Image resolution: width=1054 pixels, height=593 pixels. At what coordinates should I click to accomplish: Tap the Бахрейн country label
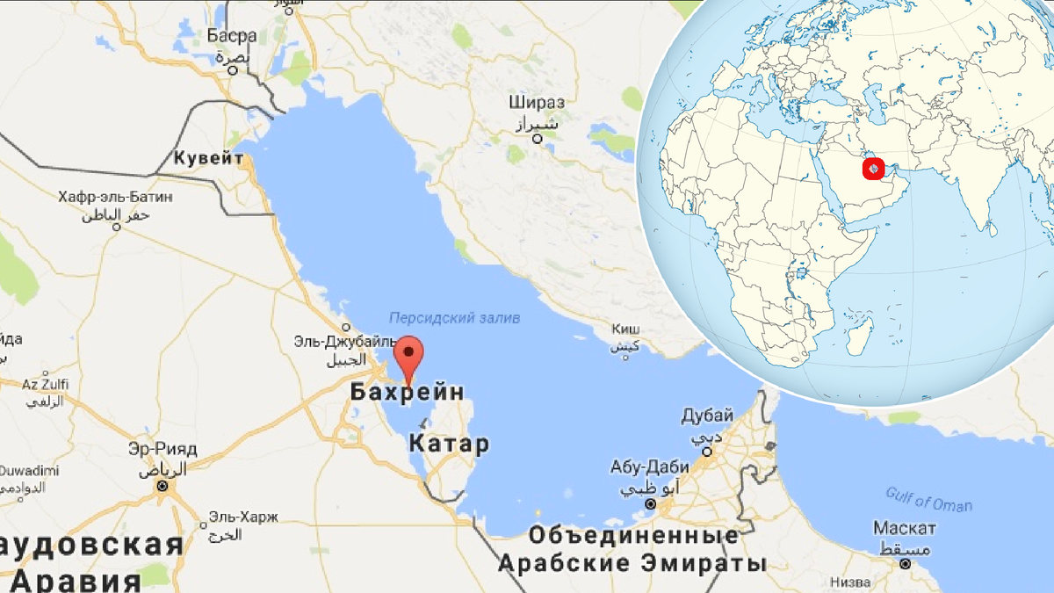coord(407,393)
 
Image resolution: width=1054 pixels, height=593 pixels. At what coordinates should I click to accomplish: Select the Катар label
coord(449,444)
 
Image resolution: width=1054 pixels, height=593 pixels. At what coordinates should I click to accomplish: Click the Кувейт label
coord(208,158)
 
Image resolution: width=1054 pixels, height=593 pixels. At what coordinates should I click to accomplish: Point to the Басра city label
coord(232,36)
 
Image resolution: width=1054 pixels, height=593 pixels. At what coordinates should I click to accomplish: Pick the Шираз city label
coord(537,102)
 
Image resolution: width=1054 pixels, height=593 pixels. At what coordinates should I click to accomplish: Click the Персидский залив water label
coord(454,317)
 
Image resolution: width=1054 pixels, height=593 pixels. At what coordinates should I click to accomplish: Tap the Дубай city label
coord(707,415)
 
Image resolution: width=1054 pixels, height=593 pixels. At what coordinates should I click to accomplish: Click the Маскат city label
coord(904,528)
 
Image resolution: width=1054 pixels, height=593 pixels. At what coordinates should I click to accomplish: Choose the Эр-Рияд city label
coord(162,449)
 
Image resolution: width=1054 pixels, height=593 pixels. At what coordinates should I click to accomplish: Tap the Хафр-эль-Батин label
coord(115,197)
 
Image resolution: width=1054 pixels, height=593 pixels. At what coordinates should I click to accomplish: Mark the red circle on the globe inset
coord(872,167)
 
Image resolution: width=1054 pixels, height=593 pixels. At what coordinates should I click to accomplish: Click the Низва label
coord(850,582)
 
